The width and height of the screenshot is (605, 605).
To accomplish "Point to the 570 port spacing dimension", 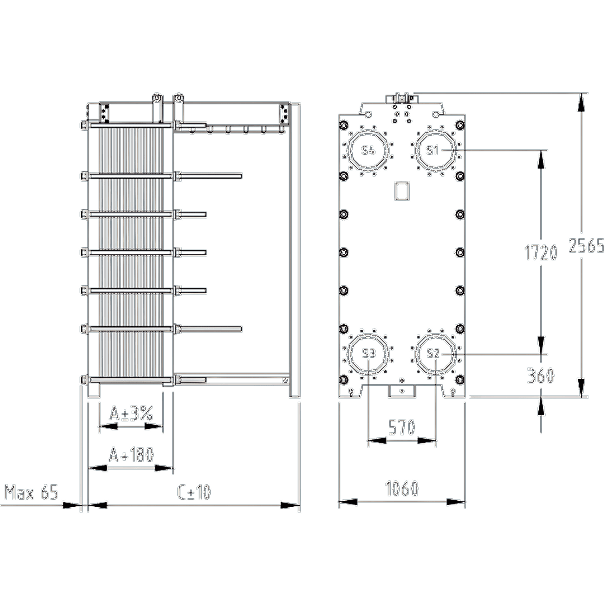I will (402, 427).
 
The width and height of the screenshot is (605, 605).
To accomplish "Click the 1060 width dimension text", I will (402, 488).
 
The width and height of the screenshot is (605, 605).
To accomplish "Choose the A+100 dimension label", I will (131, 455).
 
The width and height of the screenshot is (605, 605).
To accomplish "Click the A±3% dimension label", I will (131, 414).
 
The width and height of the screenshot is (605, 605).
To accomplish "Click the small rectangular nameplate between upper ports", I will (402, 191).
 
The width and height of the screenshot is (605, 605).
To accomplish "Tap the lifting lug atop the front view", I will (402, 98).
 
